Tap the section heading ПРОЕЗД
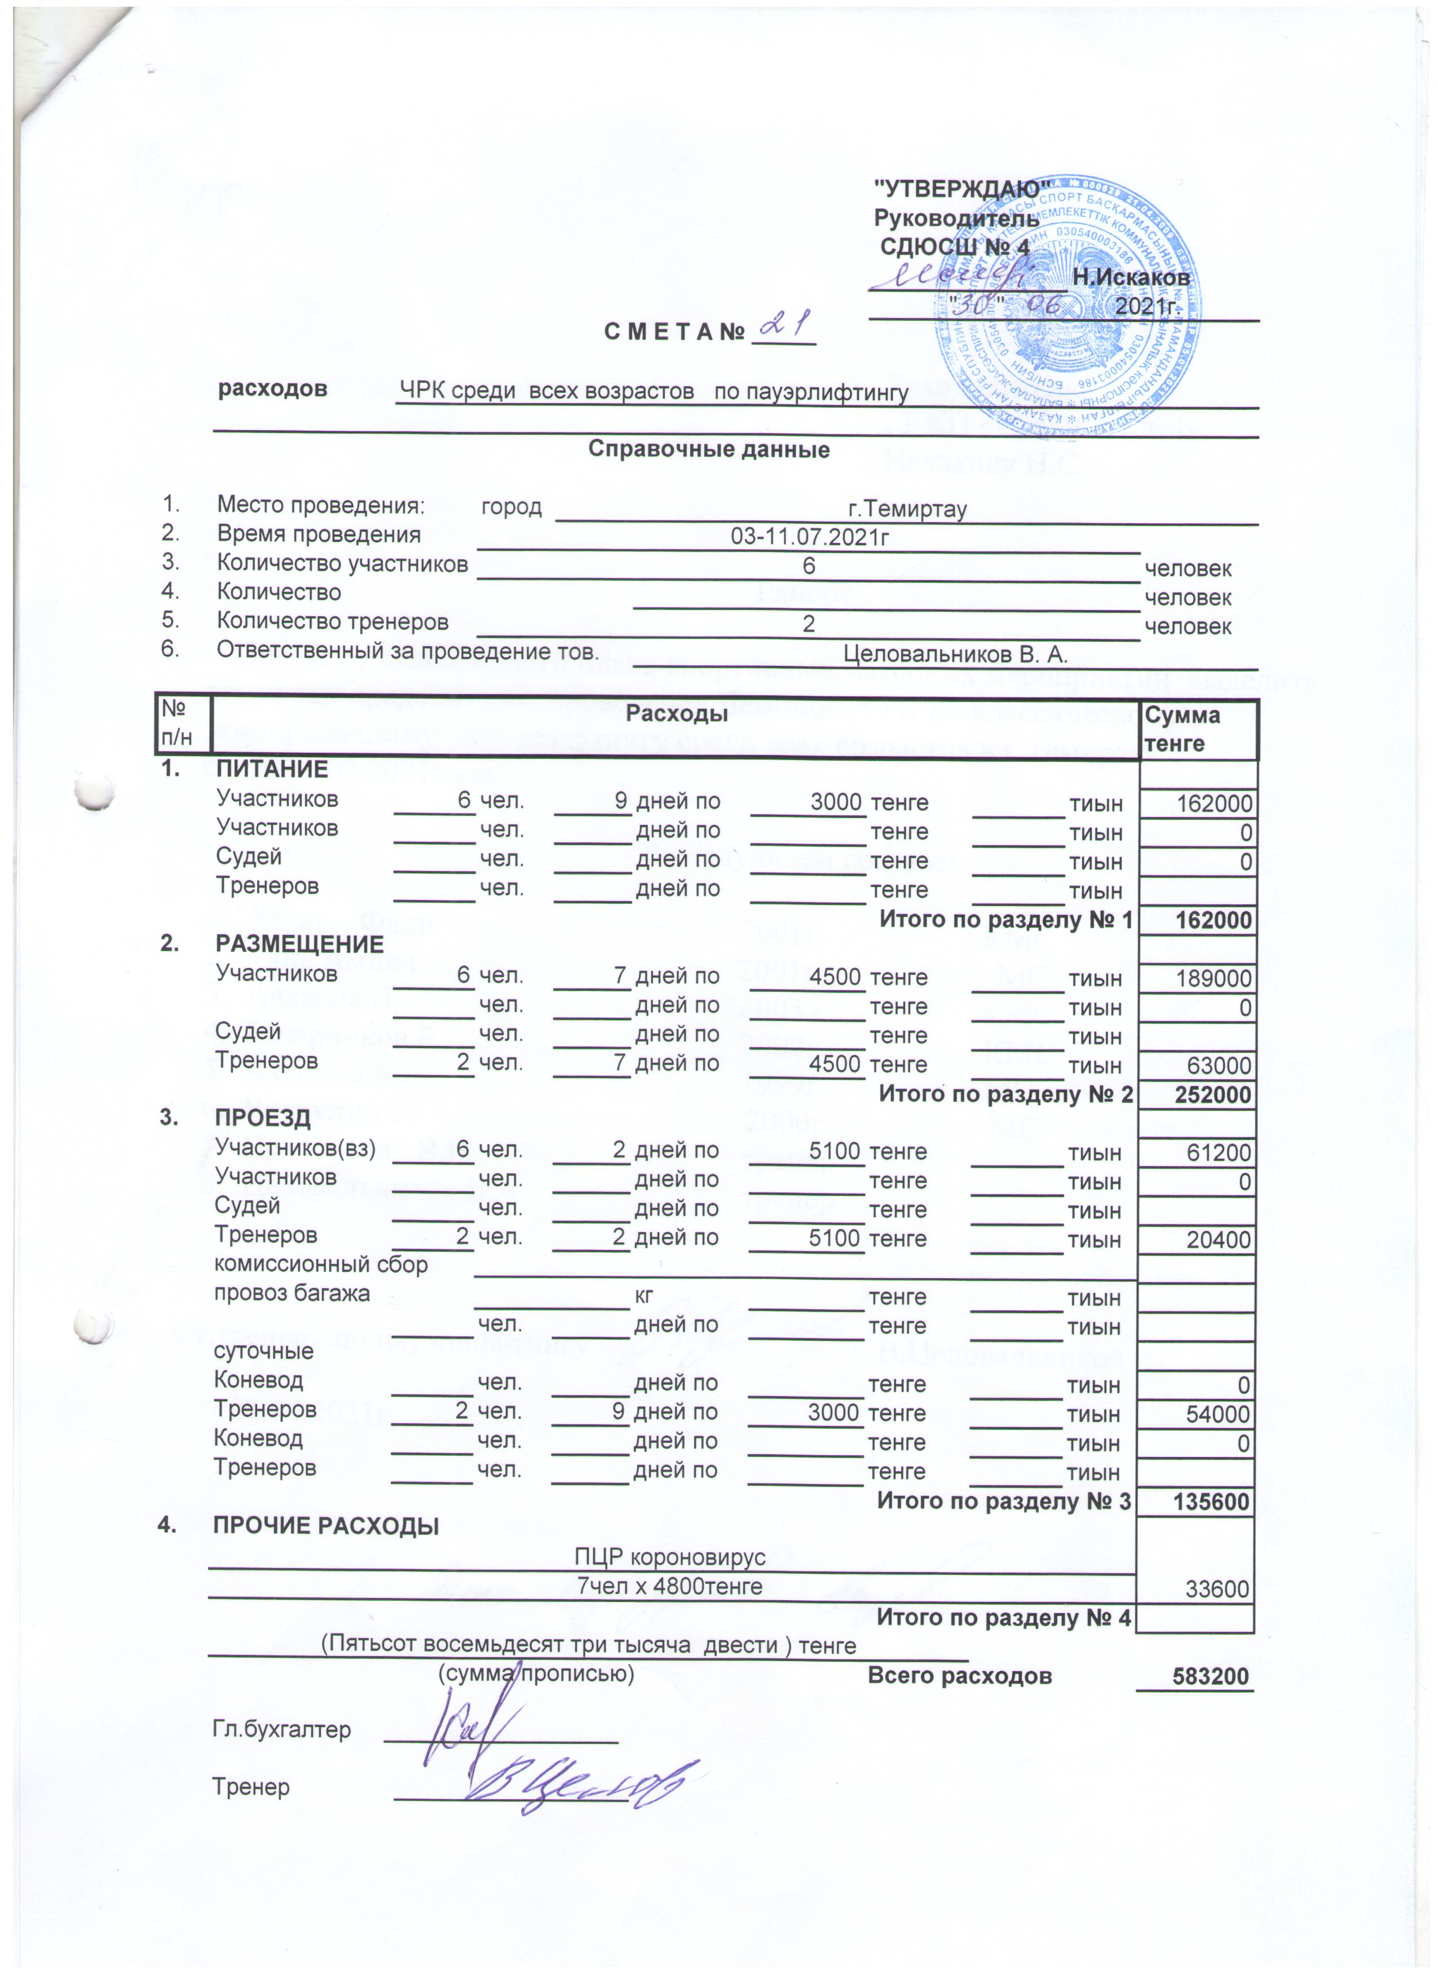[x=262, y=1119]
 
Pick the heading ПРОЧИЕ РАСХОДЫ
[x=327, y=1527]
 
